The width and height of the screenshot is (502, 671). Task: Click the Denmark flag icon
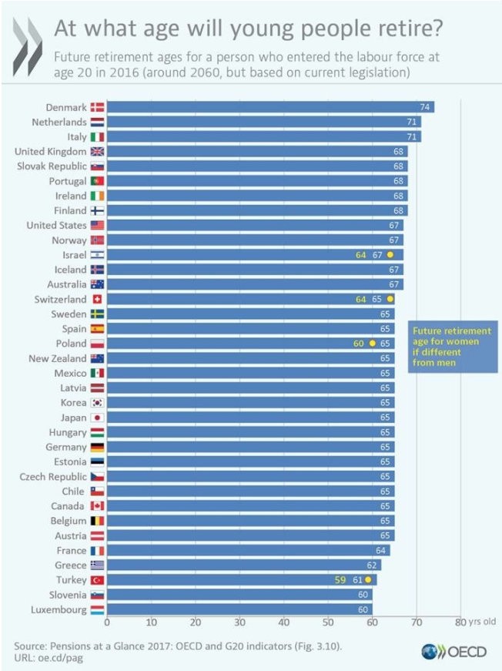click(x=97, y=108)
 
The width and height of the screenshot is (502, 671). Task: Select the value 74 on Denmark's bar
click(x=424, y=108)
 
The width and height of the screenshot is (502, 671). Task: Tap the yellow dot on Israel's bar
click(x=390, y=255)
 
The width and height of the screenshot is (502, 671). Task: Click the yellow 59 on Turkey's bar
click(x=340, y=579)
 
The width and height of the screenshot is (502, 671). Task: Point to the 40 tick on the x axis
click(x=284, y=622)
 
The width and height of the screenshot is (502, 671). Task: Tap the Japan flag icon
click(x=97, y=418)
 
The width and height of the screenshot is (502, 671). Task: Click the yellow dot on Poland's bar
click(x=372, y=344)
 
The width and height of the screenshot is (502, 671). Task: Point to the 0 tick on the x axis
click(x=107, y=622)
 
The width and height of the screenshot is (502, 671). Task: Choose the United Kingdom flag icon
click(x=97, y=152)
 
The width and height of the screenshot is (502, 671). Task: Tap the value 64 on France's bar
click(x=380, y=550)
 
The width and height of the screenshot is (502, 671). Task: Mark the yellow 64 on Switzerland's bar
click(x=359, y=299)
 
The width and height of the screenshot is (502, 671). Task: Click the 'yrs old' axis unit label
click(x=482, y=622)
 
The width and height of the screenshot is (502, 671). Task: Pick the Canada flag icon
click(x=97, y=505)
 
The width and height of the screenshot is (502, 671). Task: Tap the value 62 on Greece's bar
click(x=372, y=565)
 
